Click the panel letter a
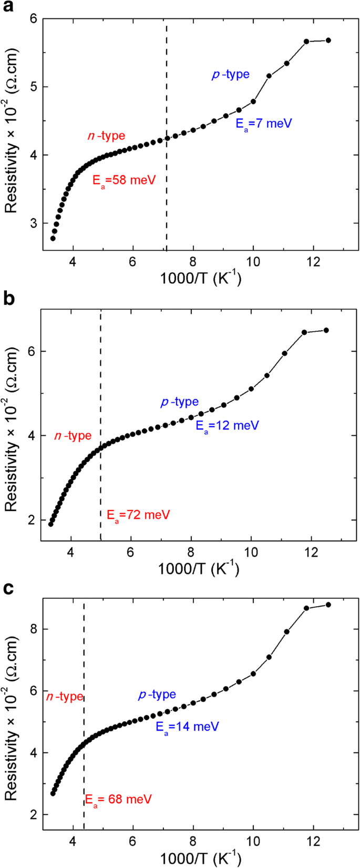tap(8, 8)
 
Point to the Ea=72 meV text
tap(138, 515)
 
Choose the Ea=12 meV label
tap(227, 425)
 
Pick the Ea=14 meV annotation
tap(187, 727)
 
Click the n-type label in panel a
tap(106, 136)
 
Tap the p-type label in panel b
tap(180, 402)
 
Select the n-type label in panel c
tap(65, 697)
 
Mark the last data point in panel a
tap(328, 40)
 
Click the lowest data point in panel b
tap(51, 524)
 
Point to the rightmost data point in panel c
tap(328, 605)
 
